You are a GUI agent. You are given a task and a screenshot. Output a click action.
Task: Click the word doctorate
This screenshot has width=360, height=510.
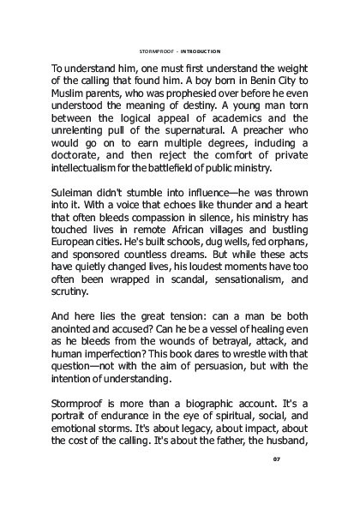[x=78, y=171]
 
